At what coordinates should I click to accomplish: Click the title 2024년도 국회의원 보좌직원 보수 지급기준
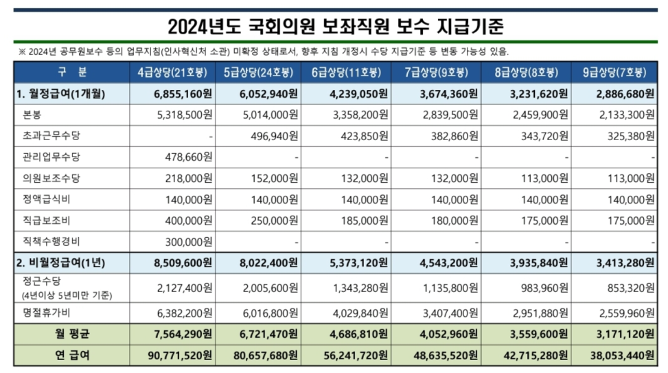(x=336, y=27)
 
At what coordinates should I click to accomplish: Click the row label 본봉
(x=34, y=115)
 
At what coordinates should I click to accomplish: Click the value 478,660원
(x=183, y=157)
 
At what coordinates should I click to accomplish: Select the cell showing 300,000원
(x=183, y=242)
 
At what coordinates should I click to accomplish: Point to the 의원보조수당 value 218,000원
(x=183, y=179)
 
